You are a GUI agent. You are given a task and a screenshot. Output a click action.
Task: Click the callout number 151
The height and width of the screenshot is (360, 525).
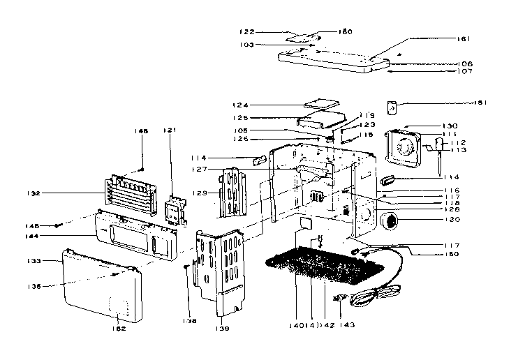[x=479, y=103]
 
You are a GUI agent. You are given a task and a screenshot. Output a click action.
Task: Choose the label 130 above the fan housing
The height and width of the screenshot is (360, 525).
[x=449, y=126]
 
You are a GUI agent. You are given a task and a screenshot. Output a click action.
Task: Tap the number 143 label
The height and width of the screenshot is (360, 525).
[x=347, y=324]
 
